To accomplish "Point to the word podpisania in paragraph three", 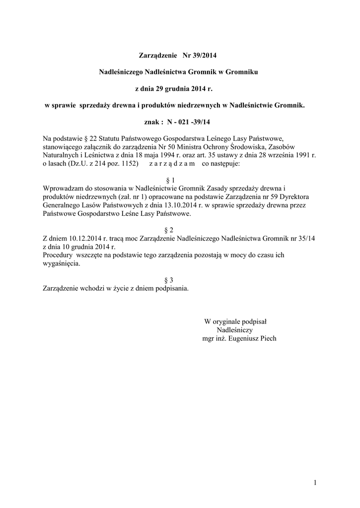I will [x=171, y=289].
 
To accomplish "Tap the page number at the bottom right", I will [x=315, y=483].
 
